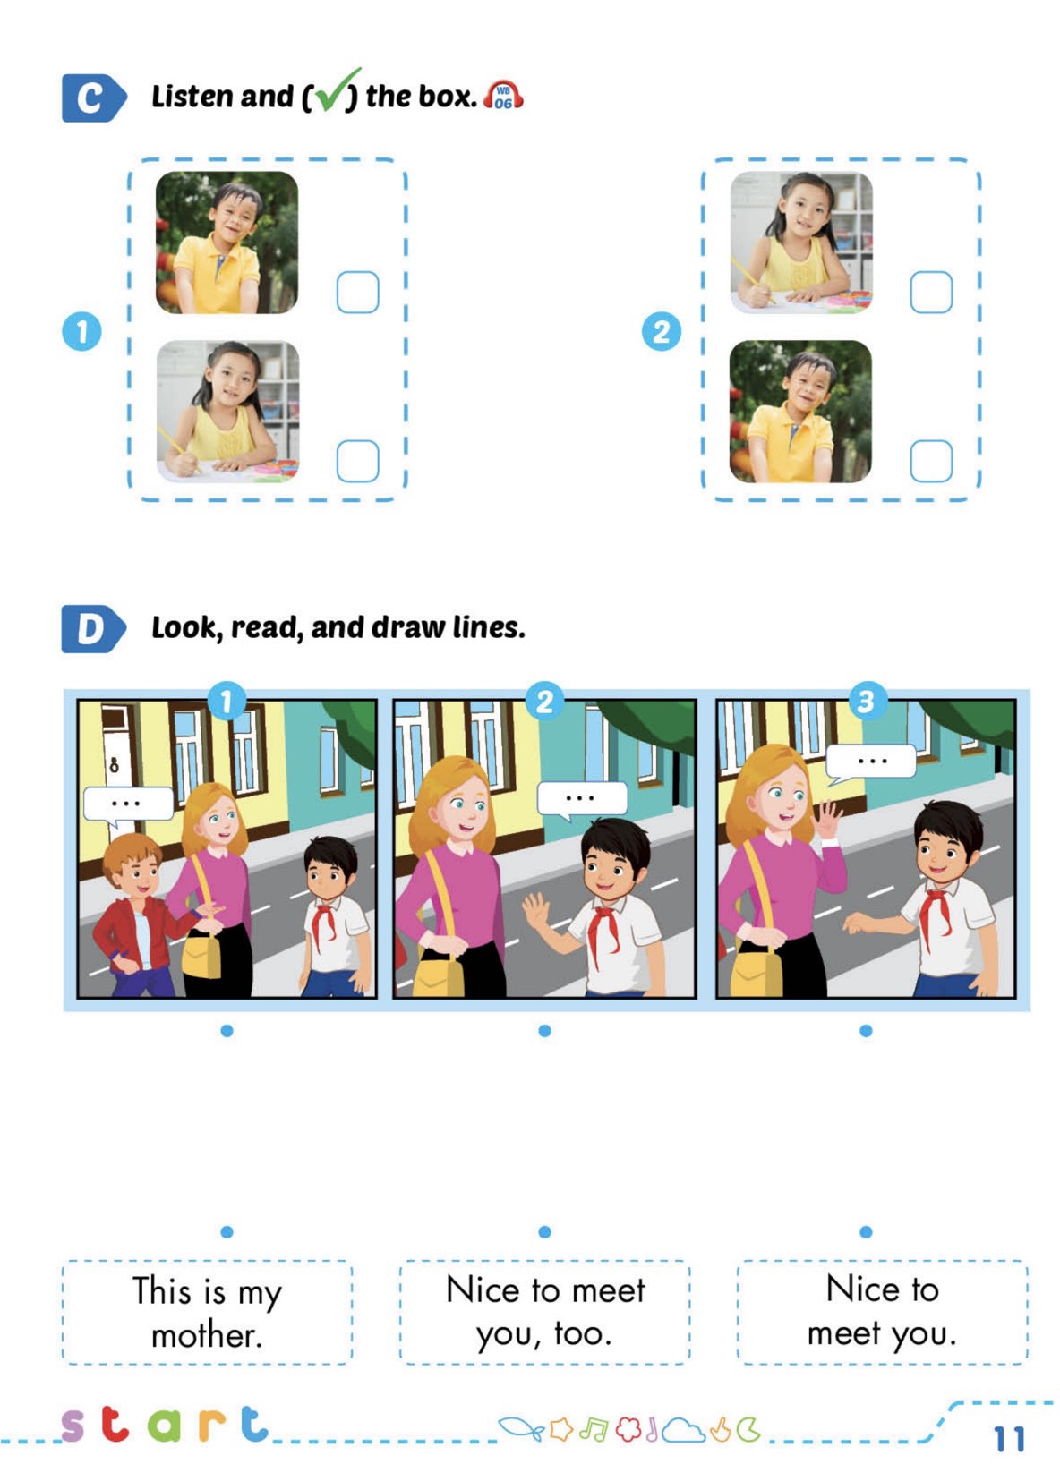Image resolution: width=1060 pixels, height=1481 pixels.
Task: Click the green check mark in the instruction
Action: [x=333, y=91]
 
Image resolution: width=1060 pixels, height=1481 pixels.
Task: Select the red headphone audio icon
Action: [x=503, y=96]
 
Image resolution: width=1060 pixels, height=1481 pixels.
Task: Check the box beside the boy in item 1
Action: [x=357, y=293]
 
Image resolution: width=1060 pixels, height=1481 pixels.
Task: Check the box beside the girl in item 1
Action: [x=357, y=461]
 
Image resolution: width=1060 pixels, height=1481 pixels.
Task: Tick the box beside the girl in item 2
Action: [x=930, y=293]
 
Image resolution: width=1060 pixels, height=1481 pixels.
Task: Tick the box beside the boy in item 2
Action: [x=930, y=461]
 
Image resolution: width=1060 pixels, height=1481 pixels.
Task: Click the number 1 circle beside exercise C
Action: [x=81, y=331]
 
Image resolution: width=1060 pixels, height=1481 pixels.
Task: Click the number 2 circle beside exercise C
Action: [x=662, y=331]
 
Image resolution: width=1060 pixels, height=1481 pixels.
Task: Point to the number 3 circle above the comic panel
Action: [x=865, y=701]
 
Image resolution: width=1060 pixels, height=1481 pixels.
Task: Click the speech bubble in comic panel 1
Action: [x=127, y=804]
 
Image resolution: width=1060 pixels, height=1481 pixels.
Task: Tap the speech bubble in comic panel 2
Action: [x=581, y=797]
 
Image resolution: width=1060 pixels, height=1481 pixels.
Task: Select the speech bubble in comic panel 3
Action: [x=871, y=762]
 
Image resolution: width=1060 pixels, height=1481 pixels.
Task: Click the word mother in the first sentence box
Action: [x=206, y=1336]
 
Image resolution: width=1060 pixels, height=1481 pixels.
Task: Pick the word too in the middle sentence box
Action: [x=583, y=1333]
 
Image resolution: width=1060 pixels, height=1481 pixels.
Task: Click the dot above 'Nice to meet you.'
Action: [x=866, y=1232]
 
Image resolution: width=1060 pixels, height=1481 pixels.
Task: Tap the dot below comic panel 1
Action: [x=227, y=1031]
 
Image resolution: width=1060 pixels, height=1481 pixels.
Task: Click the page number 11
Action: [x=1009, y=1439]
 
